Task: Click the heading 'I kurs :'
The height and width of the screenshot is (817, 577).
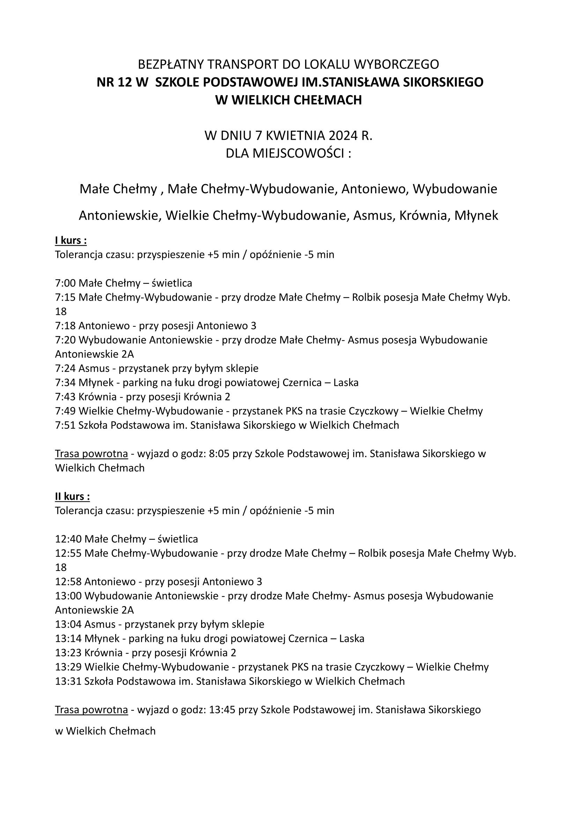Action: click(x=71, y=240)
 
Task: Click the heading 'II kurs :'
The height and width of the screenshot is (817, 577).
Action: click(x=72, y=497)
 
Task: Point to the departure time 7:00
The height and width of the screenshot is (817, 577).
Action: click(x=65, y=283)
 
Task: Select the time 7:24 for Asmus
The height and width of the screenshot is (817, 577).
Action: click(x=65, y=368)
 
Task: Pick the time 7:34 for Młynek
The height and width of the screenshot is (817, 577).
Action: click(x=65, y=383)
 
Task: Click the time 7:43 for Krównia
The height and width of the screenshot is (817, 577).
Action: click(x=65, y=397)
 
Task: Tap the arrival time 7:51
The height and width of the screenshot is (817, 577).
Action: click(x=65, y=425)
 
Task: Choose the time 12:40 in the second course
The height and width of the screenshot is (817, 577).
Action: click(x=68, y=539)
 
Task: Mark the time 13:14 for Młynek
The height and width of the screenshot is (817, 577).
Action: click(x=68, y=639)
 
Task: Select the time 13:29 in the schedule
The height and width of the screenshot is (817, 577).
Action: click(x=68, y=667)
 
